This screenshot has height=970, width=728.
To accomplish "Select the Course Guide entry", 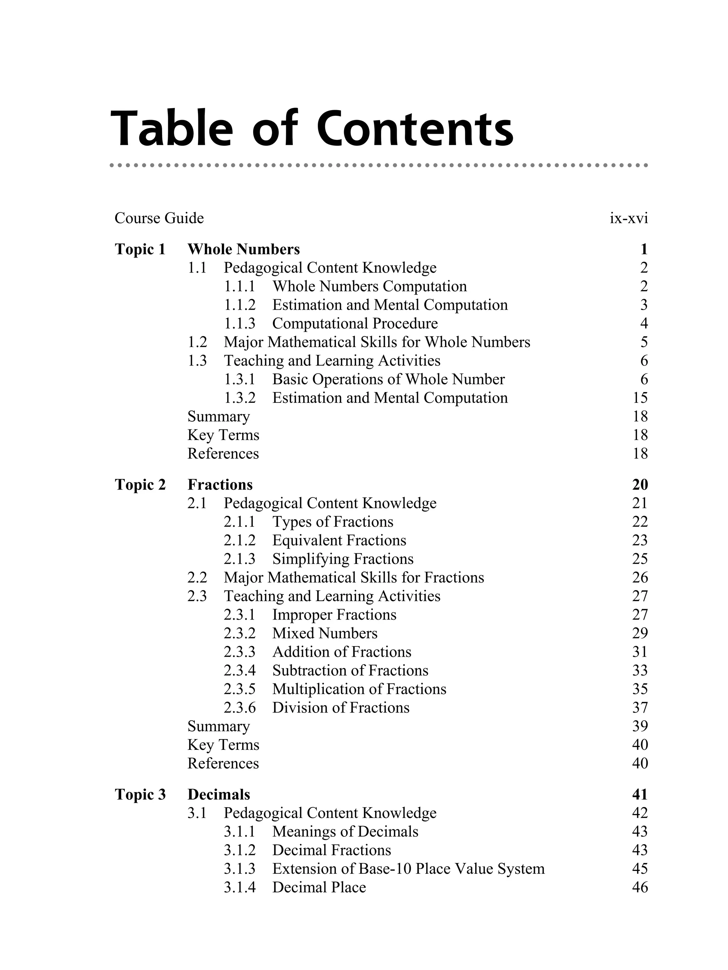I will coord(159,218).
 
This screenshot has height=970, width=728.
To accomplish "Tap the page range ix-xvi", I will coord(628,218).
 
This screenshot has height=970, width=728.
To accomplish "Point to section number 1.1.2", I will coord(239,305).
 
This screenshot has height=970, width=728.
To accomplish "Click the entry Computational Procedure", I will coord(354,324).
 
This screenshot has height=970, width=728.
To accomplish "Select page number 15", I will coord(640,398).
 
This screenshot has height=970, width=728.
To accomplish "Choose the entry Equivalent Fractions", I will coord(339,540).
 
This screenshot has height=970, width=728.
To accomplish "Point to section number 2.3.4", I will coord(239,671).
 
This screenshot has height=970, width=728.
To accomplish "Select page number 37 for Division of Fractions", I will coord(640,708).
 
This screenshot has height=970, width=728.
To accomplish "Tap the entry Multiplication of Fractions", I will coord(359,689).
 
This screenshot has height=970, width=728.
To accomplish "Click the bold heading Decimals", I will coord(219,795).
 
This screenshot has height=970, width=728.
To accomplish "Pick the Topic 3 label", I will coord(140,795).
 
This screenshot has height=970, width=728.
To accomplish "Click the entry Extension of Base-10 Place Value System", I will coord(408,869).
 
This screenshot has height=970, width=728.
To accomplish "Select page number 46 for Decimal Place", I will coord(640,887).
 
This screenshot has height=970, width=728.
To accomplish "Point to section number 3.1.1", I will coord(239,831).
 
